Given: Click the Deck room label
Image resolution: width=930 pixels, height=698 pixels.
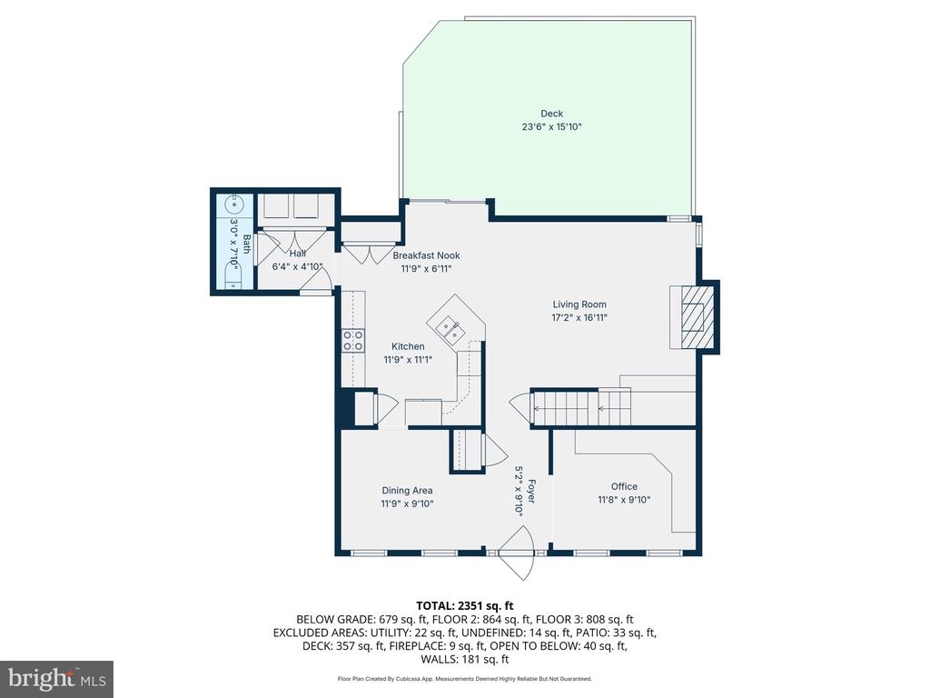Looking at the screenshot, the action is coord(551,114).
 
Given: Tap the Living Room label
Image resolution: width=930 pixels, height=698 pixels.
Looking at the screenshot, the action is coord(579,304).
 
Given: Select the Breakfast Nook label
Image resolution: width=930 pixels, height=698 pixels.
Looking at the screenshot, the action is coord(427,255).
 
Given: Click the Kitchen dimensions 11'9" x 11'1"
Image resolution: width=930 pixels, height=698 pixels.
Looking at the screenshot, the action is coord(408,359).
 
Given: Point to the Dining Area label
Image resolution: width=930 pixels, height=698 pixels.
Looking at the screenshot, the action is coord(407,490).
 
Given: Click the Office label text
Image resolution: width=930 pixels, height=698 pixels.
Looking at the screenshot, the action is coord(624,486).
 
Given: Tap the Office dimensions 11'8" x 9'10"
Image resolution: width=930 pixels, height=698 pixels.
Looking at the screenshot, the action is coord(624,500).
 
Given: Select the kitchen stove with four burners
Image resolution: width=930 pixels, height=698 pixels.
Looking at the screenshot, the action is coord(353,341).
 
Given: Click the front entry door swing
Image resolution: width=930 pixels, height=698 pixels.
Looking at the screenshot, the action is coord(518,553).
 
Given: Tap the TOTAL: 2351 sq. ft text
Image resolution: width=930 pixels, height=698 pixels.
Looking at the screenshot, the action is coord(464,606).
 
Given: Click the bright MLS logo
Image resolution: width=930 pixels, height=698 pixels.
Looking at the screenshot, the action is coord(57,678).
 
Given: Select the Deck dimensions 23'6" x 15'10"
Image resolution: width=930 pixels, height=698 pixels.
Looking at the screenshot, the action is coord(551,126).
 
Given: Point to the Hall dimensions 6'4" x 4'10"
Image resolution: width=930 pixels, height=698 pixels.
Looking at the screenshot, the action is coord(297,267).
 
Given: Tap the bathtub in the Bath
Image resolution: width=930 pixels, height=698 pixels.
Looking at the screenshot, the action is coord(233,275).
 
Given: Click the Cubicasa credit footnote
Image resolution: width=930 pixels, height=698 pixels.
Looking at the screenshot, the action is coord(464,678).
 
